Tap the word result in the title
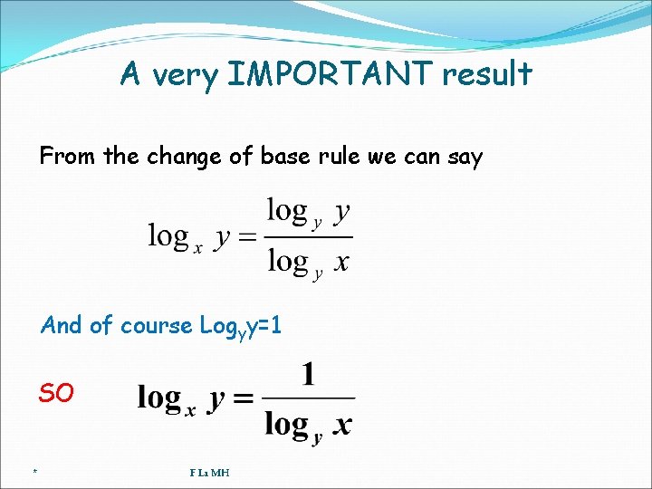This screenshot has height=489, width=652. [487, 74]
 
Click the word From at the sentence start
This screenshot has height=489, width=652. [67, 157]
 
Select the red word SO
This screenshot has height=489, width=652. [56, 393]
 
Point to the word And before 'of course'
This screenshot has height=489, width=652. [61, 324]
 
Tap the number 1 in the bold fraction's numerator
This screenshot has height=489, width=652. [309, 374]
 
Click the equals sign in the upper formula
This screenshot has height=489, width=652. [248, 237]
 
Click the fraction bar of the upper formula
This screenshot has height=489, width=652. [309, 237]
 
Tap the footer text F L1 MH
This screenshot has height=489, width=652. [209, 473]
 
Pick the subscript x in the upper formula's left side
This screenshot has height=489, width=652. [197, 247]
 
